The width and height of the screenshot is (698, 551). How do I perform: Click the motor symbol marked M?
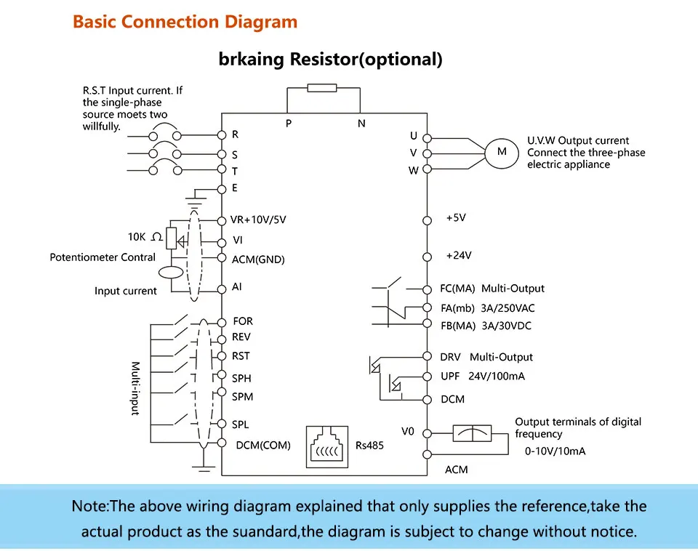tap(502, 153)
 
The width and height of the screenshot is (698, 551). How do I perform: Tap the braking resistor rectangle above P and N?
tap(322, 88)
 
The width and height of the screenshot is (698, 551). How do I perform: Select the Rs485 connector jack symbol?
tap(327, 447)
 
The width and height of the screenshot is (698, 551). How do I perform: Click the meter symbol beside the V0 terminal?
tap(473, 433)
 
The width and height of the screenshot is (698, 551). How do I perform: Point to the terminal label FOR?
tap(243, 321)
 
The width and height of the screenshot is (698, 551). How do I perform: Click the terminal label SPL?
tap(241, 425)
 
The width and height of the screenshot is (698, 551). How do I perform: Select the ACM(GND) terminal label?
tap(258, 260)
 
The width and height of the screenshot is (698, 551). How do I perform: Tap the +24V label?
tap(459, 255)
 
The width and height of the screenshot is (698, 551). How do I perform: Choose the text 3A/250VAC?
tap(508, 308)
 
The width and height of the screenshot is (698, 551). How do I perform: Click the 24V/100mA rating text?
tap(497, 377)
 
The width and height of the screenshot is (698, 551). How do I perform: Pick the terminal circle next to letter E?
tap(222, 189)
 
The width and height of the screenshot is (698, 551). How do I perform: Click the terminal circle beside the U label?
tap(427, 138)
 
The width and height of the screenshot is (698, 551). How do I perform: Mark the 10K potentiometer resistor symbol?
tap(171, 238)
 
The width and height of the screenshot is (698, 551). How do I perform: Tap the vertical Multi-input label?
tap(135, 388)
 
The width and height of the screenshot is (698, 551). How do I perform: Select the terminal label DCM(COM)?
tap(263, 446)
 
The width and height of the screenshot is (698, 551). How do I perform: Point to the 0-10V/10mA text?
tap(555, 451)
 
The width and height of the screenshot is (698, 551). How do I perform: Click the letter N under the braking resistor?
tap(361, 124)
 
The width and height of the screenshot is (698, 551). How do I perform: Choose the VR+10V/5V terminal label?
tap(258, 220)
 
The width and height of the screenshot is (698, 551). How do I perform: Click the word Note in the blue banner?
tap(89, 507)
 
